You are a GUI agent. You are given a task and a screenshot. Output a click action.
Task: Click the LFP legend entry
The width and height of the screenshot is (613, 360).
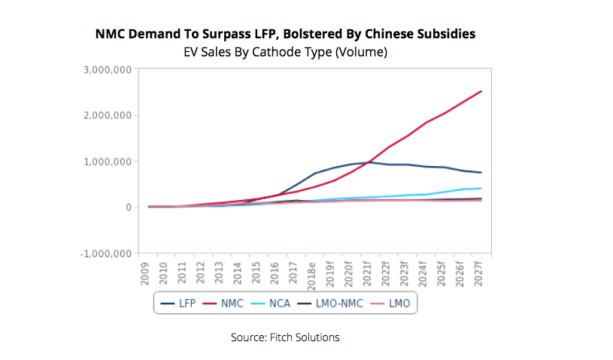click(178, 303)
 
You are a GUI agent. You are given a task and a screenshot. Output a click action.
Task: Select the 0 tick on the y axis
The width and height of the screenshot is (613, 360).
click(129, 207)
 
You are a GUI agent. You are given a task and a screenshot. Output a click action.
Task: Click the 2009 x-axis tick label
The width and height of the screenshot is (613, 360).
click(145, 272)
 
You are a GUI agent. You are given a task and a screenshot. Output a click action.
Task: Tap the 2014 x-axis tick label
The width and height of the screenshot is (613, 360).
click(238, 272)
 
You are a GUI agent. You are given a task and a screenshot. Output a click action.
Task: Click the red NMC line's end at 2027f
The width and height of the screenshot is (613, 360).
click(481, 92)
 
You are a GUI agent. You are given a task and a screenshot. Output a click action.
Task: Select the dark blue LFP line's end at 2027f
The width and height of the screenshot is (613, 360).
click(481, 173)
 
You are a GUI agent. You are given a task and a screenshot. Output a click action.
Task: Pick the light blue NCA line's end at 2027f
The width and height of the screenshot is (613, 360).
click(481, 188)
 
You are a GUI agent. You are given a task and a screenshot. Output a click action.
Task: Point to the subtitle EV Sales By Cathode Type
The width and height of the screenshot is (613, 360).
click(285, 52)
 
